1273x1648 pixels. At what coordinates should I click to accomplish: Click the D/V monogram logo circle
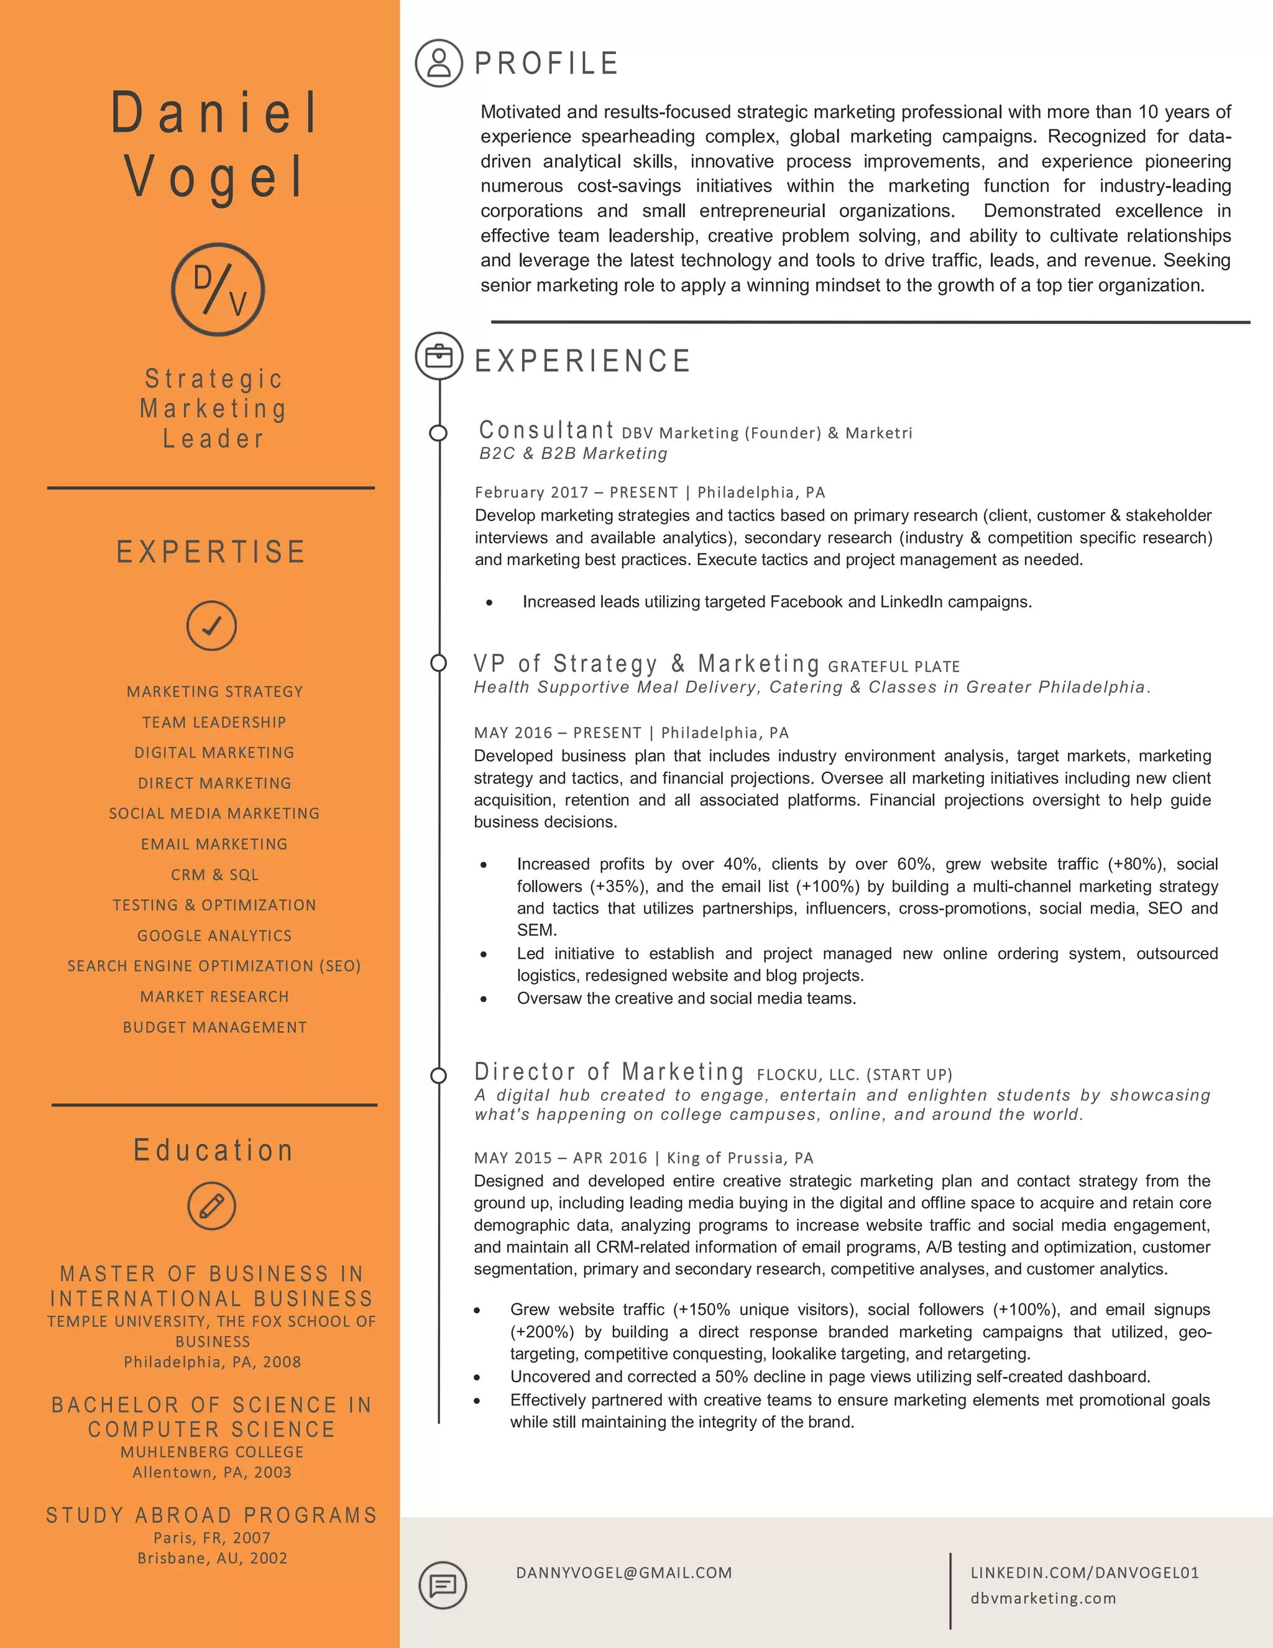coord(218,289)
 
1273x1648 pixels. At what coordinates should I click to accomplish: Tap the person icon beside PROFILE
coord(439,63)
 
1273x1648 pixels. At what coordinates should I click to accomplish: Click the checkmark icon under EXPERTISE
coord(212,626)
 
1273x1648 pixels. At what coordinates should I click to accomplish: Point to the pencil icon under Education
coord(212,1205)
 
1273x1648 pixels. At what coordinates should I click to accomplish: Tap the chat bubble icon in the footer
coord(443,1585)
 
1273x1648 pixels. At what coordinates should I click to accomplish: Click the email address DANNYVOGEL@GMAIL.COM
coord(623,1573)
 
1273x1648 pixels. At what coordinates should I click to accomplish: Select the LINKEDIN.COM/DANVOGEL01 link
coord(1085,1573)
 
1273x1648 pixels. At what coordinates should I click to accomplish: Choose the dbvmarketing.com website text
coord(1043,1598)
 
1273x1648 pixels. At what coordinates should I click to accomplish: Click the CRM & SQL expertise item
coord(215,874)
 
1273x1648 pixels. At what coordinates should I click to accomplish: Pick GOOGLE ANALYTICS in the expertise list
coord(215,936)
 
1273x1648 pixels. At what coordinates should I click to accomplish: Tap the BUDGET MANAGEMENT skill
coord(215,1027)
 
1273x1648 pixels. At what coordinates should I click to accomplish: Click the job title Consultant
coord(547,430)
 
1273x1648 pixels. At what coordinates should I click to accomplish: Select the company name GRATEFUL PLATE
coord(894,666)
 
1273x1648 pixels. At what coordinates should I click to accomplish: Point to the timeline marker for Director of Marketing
coord(438,1075)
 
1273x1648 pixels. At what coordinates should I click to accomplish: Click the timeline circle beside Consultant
coord(438,433)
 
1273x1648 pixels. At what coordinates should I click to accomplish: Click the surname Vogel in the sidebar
coord(215,177)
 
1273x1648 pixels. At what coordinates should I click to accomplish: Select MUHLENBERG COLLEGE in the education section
coord(212,1452)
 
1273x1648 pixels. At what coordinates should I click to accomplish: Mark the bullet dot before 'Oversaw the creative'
coord(484,999)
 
